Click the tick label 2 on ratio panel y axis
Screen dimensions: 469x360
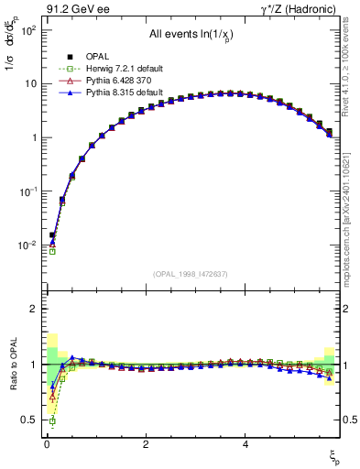33,310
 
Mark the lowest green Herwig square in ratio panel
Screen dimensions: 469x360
52,421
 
